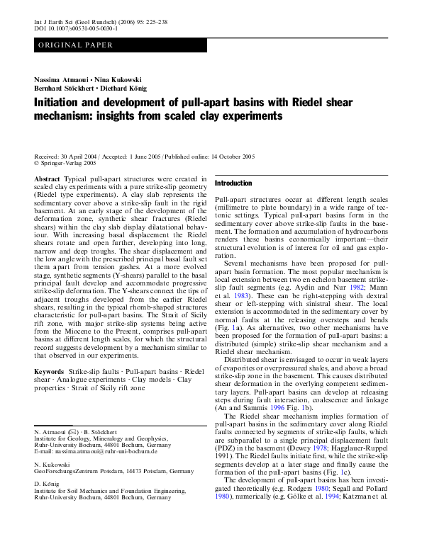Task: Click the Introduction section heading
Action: tap(233, 183)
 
